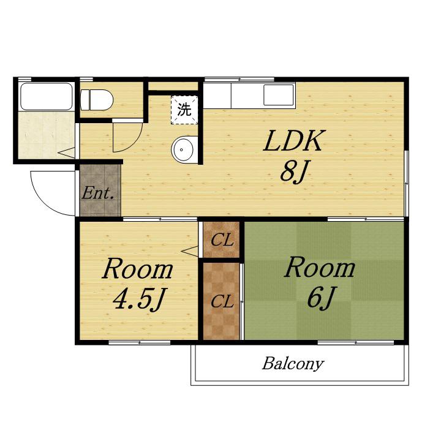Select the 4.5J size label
[138, 299]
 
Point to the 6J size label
[320, 298]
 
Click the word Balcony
[293, 364]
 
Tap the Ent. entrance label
[98, 194]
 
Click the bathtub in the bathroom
[47, 97]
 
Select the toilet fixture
[97, 100]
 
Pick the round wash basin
[184, 149]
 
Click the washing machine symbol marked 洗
[184, 110]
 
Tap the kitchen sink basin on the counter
[279, 95]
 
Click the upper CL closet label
[222, 241]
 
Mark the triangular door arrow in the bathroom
[67, 153]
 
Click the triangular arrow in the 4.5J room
[189, 251]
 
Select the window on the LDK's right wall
[406, 184]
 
